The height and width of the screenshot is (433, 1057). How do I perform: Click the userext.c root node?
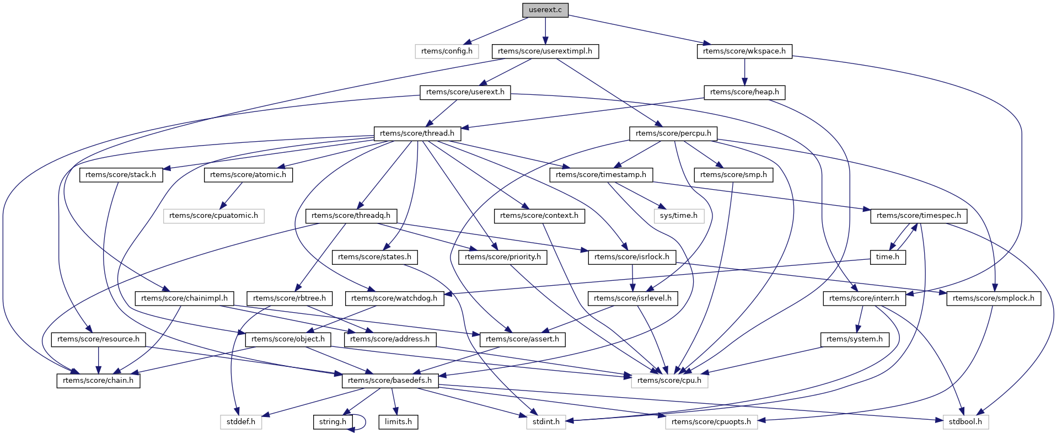[545, 10]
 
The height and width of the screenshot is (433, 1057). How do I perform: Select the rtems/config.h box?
[447, 51]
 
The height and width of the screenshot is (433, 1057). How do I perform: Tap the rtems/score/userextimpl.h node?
[545, 51]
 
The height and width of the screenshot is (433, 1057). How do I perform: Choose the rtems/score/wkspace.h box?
[744, 51]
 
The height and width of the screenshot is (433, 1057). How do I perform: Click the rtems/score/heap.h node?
[744, 92]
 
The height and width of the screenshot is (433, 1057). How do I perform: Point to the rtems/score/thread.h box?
[417, 133]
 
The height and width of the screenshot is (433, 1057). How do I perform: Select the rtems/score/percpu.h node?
[673, 133]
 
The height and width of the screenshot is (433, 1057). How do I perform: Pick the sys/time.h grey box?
[678, 216]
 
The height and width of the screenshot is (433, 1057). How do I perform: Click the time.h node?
[888, 257]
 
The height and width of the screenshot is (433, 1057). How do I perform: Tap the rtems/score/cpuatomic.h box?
[213, 216]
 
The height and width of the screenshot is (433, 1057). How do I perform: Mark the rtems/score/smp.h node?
[733, 175]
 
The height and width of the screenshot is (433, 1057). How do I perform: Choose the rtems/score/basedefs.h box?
[390, 381]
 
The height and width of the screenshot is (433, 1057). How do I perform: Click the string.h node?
[332, 422]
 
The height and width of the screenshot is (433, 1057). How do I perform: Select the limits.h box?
[398, 422]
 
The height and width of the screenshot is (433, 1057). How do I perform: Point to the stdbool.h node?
[965, 422]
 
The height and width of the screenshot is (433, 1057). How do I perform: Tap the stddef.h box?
[241, 422]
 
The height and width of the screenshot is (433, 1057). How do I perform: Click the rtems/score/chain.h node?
[98, 381]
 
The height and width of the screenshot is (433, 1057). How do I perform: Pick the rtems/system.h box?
[854, 339]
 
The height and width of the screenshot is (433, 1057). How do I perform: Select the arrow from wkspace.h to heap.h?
[744, 72]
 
